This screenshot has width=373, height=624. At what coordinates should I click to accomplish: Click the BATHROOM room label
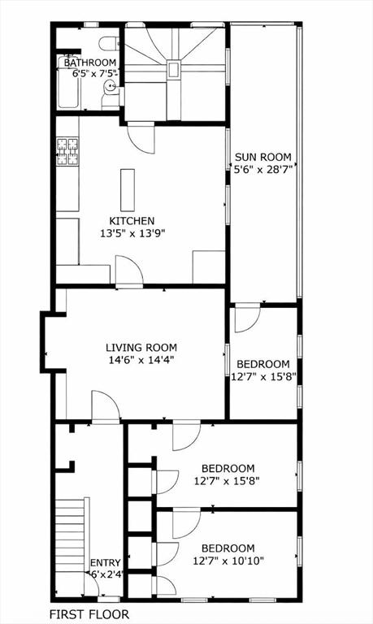click(x=90, y=63)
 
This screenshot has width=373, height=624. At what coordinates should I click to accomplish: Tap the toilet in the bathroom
click(x=109, y=44)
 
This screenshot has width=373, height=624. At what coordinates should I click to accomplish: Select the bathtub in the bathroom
click(x=68, y=82)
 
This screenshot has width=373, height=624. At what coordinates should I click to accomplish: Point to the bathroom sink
click(x=111, y=85)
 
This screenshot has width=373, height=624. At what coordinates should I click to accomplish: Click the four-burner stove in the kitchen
click(x=67, y=151)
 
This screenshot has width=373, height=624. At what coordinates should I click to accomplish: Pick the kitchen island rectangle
click(x=128, y=190)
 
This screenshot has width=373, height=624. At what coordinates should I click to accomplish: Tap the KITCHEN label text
click(x=132, y=220)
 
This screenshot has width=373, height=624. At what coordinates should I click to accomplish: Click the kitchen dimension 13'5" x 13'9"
click(x=132, y=233)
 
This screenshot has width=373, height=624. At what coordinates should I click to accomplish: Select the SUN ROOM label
click(x=263, y=157)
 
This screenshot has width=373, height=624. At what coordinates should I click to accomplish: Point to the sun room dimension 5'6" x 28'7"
click(x=263, y=170)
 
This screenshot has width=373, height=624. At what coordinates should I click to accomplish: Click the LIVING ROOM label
click(x=141, y=348)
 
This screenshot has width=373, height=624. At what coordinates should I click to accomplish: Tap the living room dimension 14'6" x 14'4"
click(x=141, y=360)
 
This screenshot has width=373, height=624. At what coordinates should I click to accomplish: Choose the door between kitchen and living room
click(x=129, y=271)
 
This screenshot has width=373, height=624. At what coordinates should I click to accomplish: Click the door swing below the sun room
click(x=247, y=318)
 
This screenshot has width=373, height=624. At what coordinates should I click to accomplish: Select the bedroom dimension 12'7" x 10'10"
click(x=228, y=561)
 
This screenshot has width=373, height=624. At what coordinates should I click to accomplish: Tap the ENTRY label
click(x=105, y=563)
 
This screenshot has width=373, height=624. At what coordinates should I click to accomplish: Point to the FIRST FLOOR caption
click(x=89, y=614)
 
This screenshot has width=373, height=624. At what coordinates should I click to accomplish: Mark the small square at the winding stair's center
click(x=173, y=69)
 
